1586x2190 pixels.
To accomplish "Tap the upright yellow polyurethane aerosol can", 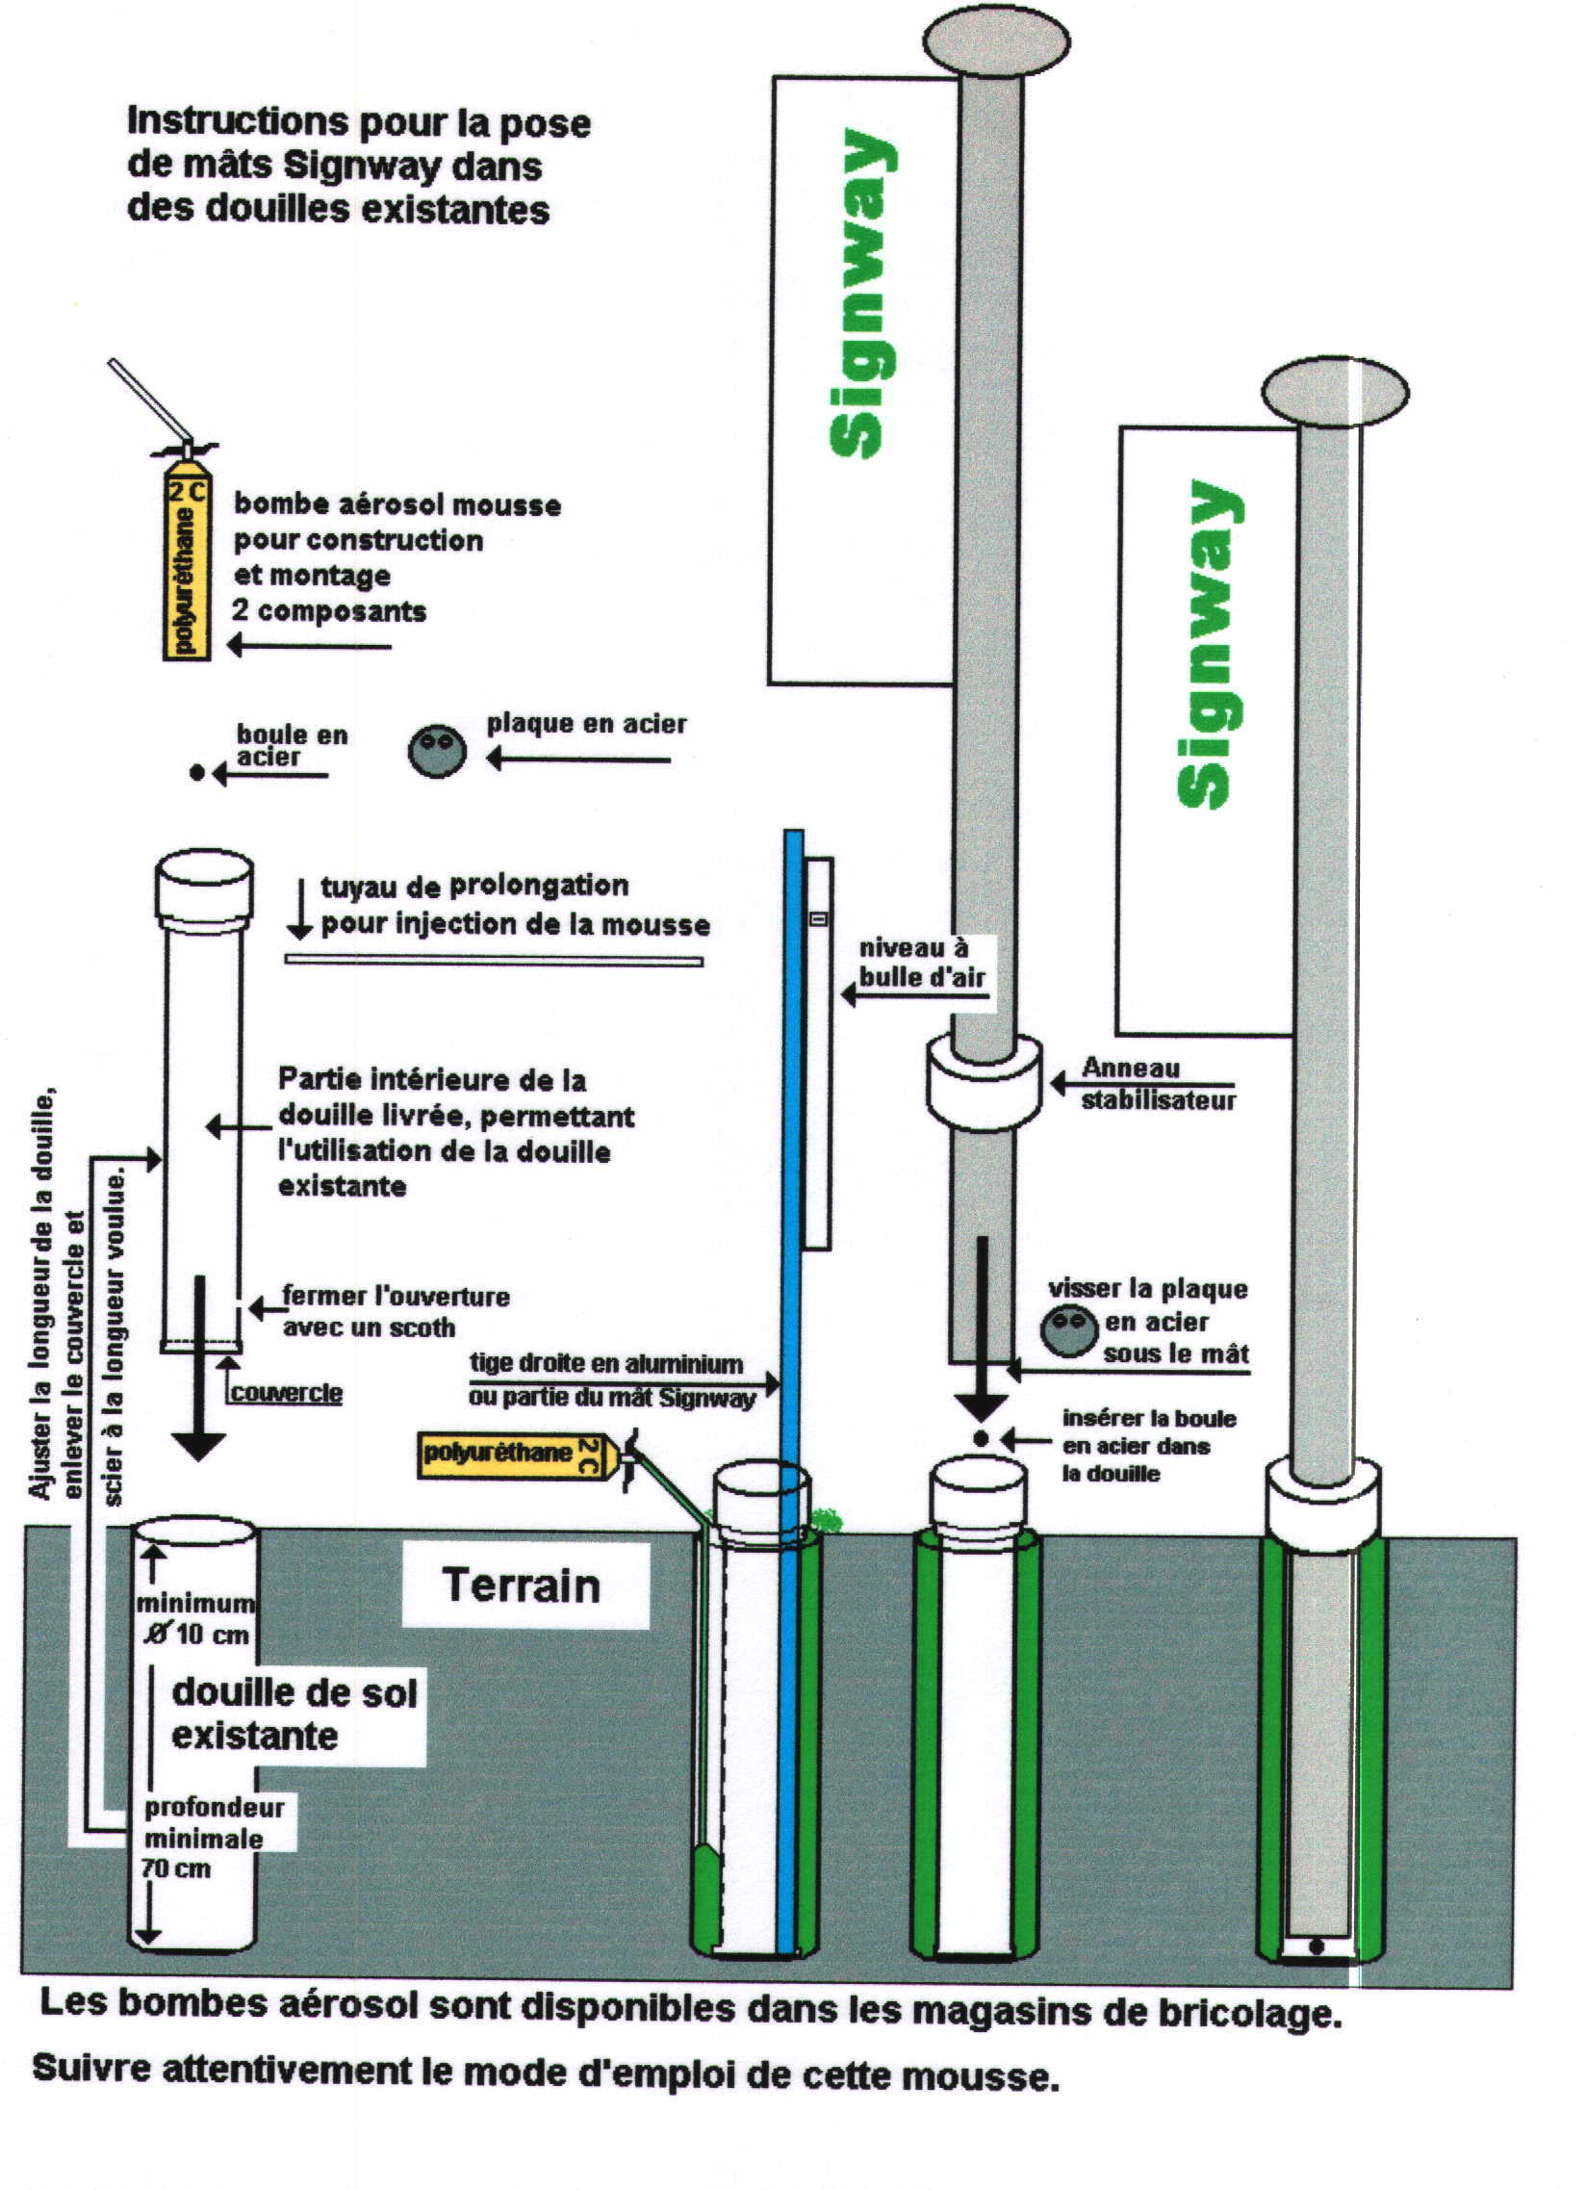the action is (x=188, y=570).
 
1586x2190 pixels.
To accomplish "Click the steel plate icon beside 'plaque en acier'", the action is (x=437, y=750).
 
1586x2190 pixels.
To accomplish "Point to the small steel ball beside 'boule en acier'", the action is (x=197, y=772).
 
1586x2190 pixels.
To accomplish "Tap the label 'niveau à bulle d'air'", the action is (x=922, y=963).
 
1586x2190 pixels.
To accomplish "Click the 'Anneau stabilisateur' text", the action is (x=1157, y=1083).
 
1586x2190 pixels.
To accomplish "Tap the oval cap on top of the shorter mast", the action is (x=1335, y=392).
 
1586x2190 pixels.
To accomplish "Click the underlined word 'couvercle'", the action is (x=287, y=1392).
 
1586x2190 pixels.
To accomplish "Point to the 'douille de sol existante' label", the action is (x=294, y=1713).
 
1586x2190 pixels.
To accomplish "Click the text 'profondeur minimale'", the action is (x=214, y=1823).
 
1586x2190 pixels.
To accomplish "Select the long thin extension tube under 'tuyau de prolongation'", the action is (x=494, y=960).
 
